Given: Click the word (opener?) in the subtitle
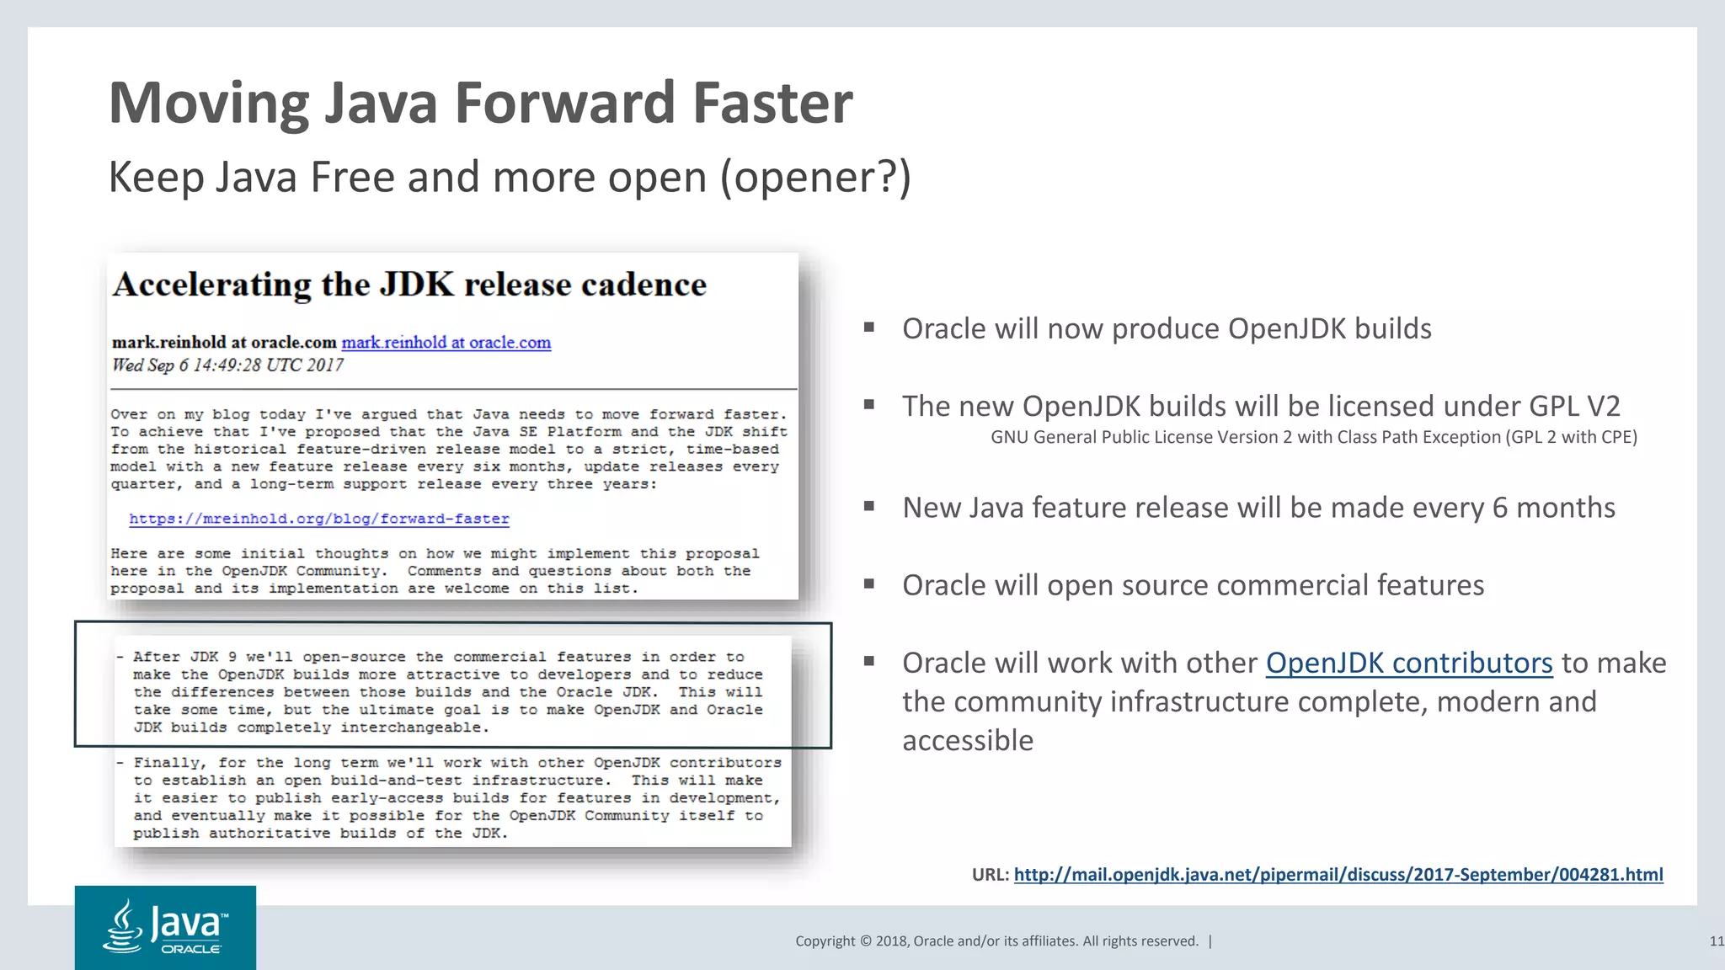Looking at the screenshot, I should click(815, 178).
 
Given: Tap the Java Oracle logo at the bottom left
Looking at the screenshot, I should click(165, 927).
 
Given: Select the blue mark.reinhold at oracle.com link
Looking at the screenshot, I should click(446, 343).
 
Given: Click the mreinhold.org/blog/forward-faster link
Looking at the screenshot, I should click(319, 519).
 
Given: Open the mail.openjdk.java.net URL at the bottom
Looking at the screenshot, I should click(1338, 874).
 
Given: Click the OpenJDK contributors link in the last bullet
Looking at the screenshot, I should click(1408, 663).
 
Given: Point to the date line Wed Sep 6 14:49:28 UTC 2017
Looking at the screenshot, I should click(227, 365).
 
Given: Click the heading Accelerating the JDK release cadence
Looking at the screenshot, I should click(409, 285).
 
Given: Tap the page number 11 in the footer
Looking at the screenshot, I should click(1716, 941).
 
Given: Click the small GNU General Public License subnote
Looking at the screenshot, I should click(1313, 437).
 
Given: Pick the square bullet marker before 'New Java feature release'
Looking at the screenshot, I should click(868, 506).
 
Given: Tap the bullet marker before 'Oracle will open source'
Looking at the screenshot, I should click(868, 584).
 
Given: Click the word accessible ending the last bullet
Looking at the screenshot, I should click(967, 740).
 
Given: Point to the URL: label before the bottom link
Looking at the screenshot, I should click(990, 874).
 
